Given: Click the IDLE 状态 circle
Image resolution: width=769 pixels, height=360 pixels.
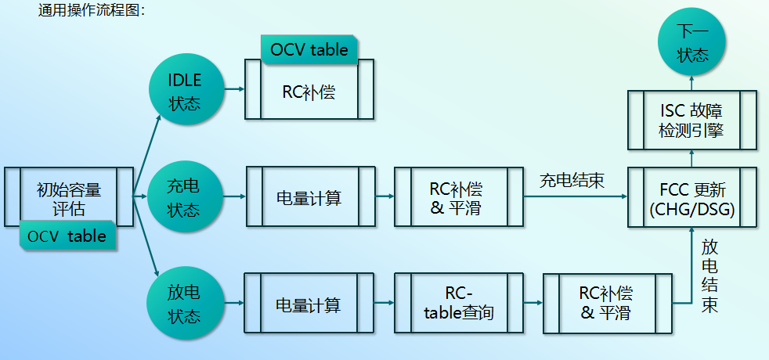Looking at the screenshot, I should tap(185, 91).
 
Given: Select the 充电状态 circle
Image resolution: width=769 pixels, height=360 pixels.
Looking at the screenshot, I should tap(185, 198).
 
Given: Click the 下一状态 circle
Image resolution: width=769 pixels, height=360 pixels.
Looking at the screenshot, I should tap(692, 43).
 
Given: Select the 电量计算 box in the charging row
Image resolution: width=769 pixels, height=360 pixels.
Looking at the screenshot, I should tap(309, 198).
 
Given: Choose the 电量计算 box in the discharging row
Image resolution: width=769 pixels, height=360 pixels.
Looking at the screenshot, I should tap(309, 304).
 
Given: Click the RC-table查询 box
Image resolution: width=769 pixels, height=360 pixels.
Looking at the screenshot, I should tap(458, 304).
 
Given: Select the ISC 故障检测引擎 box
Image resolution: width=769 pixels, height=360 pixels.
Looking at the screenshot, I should tap(692, 121).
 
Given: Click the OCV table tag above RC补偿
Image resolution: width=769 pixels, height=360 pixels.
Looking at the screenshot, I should tap(309, 49).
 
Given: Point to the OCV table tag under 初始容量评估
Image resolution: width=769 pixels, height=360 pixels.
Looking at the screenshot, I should tap(67, 236).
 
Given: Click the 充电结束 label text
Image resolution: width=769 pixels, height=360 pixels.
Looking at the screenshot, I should tap(572, 181).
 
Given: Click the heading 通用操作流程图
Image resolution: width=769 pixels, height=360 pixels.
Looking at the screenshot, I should tap(92, 10).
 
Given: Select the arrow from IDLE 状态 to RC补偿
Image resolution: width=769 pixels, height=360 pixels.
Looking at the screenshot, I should tap(234, 89).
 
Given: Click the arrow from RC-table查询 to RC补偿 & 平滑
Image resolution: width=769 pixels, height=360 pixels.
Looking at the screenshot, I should tap(533, 302).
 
